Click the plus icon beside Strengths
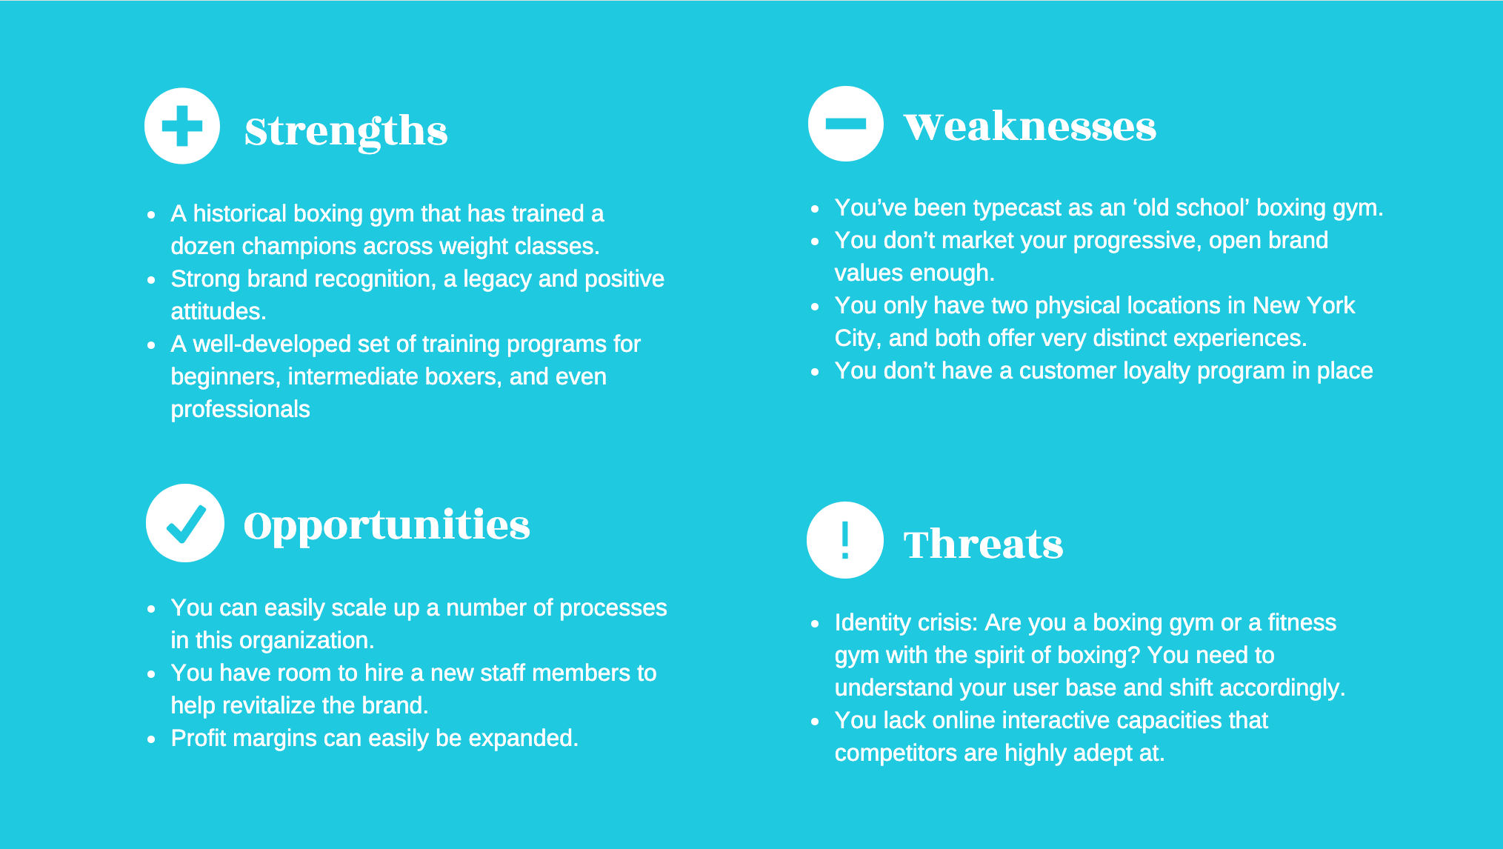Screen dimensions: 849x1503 [x=182, y=126]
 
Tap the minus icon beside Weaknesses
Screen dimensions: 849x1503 [x=845, y=124]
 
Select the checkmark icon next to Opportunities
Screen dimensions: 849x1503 [x=185, y=523]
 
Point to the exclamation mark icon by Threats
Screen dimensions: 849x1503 [x=844, y=540]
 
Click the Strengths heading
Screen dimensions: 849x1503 [x=346, y=131]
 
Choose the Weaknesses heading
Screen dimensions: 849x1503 [x=1030, y=127]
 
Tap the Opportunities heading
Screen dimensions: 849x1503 [x=387, y=525]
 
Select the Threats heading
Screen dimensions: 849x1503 [x=983, y=545]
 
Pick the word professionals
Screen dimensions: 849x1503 [x=240, y=409]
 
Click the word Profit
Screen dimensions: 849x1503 [x=198, y=738]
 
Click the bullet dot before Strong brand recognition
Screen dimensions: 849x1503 [x=151, y=280]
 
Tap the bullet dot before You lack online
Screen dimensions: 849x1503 [x=815, y=721]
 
